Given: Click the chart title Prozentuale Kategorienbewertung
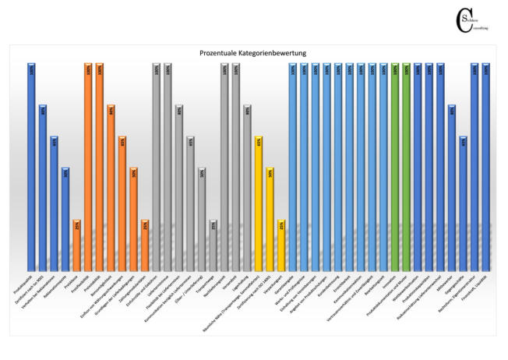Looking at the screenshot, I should pyautogui.click(x=253, y=53).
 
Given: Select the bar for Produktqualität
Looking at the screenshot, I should pyautogui.click(x=31, y=164).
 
